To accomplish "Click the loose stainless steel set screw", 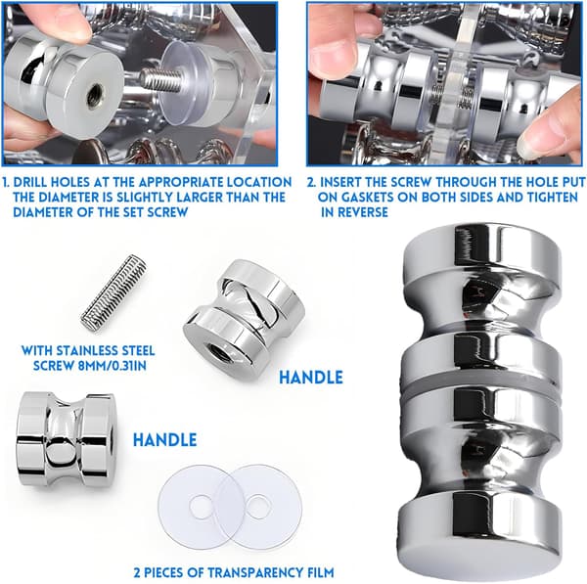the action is [x=113, y=292].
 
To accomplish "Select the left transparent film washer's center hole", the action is [x=201, y=506].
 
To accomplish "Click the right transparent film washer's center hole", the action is [x=258, y=507].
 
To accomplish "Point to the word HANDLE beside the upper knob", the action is [x=311, y=378].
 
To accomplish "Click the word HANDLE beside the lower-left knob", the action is [x=165, y=440].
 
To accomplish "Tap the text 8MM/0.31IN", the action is [x=113, y=366].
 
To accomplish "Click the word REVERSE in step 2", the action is [x=362, y=212].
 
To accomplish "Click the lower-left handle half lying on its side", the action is [x=65, y=440].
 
